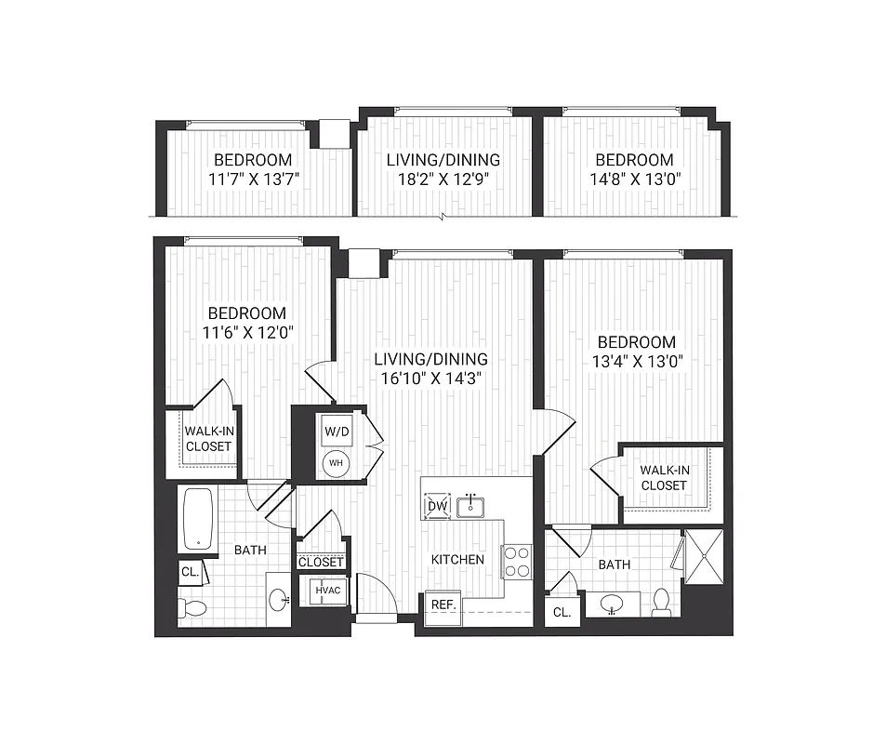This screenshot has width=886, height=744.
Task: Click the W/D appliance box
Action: [335, 432]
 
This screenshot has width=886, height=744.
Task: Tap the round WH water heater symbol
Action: [335, 462]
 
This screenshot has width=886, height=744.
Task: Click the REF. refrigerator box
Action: [443, 604]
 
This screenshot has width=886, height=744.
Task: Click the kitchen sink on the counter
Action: [472, 505]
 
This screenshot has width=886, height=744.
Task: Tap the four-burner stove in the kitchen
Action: [517, 560]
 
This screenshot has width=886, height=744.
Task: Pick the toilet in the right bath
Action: [661, 602]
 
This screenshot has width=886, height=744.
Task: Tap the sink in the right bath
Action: [611, 604]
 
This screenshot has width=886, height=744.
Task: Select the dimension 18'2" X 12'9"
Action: [443, 179]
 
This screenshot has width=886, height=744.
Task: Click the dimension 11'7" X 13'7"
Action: [252, 179]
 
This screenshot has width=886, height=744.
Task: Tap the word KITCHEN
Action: [457, 560]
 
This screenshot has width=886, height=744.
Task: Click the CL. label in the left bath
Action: [190, 572]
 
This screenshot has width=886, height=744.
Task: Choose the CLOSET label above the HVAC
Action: [321, 562]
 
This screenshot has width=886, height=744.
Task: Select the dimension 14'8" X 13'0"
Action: [634, 179]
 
